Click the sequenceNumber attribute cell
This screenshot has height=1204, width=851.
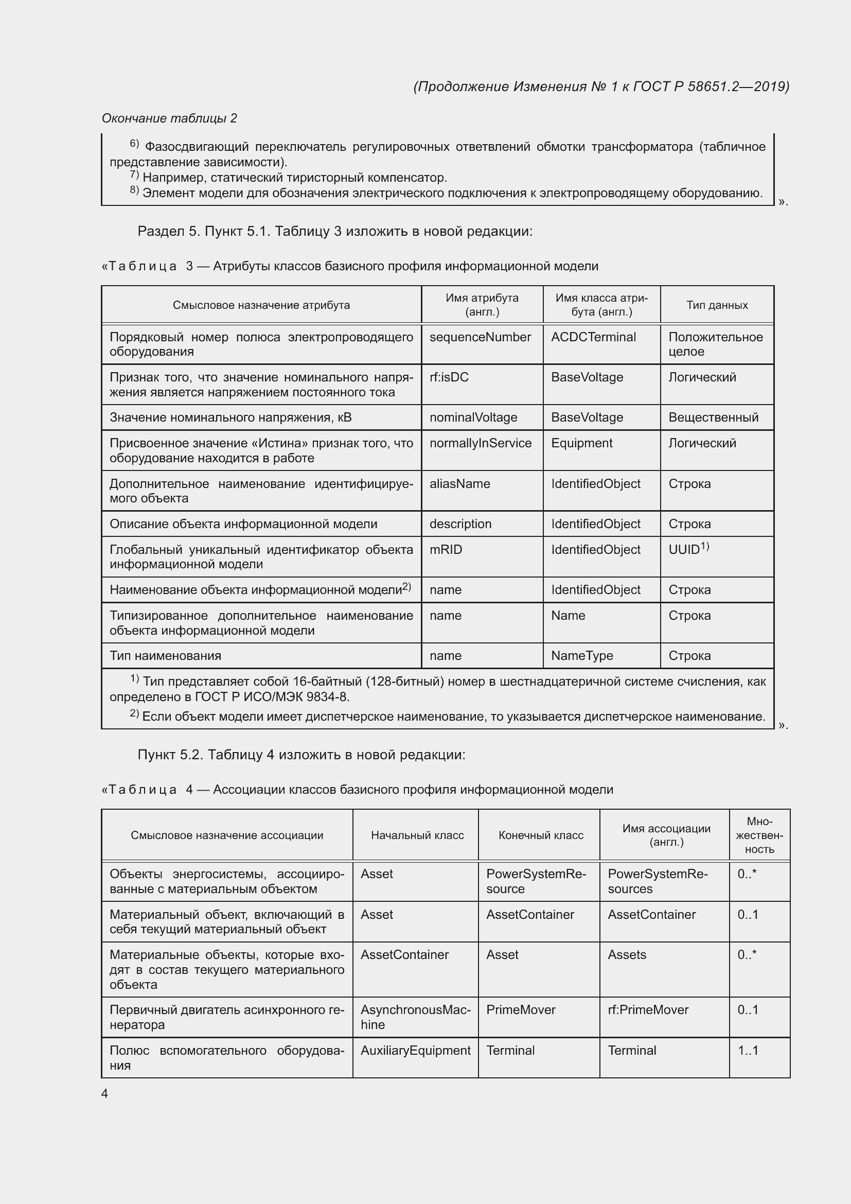[x=480, y=337]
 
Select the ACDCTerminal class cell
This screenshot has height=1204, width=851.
[x=593, y=337]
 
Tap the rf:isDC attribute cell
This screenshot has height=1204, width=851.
[x=449, y=377]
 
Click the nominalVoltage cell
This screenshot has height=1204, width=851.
[x=473, y=417]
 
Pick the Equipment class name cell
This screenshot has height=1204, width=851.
[x=582, y=443]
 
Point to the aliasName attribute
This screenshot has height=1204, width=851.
[x=459, y=483]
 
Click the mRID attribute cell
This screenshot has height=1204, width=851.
[x=446, y=550]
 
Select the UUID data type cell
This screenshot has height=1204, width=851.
[x=688, y=549]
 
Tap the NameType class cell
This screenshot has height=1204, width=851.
[x=582, y=655]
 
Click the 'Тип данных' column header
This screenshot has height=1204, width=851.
[x=717, y=305]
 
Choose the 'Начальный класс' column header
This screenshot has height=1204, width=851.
[x=417, y=835]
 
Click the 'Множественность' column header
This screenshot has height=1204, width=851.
[x=759, y=835]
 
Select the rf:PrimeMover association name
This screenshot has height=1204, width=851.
[x=648, y=1010]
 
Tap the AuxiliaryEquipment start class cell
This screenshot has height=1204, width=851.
[x=416, y=1051]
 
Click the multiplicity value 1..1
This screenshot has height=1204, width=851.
[x=748, y=1051]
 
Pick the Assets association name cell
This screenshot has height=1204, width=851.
[x=627, y=955]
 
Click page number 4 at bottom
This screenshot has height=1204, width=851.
[x=104, y=1093]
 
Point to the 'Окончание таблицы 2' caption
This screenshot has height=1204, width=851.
[x=169, y=118]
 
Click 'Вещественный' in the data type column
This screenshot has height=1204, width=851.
[x=713, y=417]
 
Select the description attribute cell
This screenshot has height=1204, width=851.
[x=460, y=524]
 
